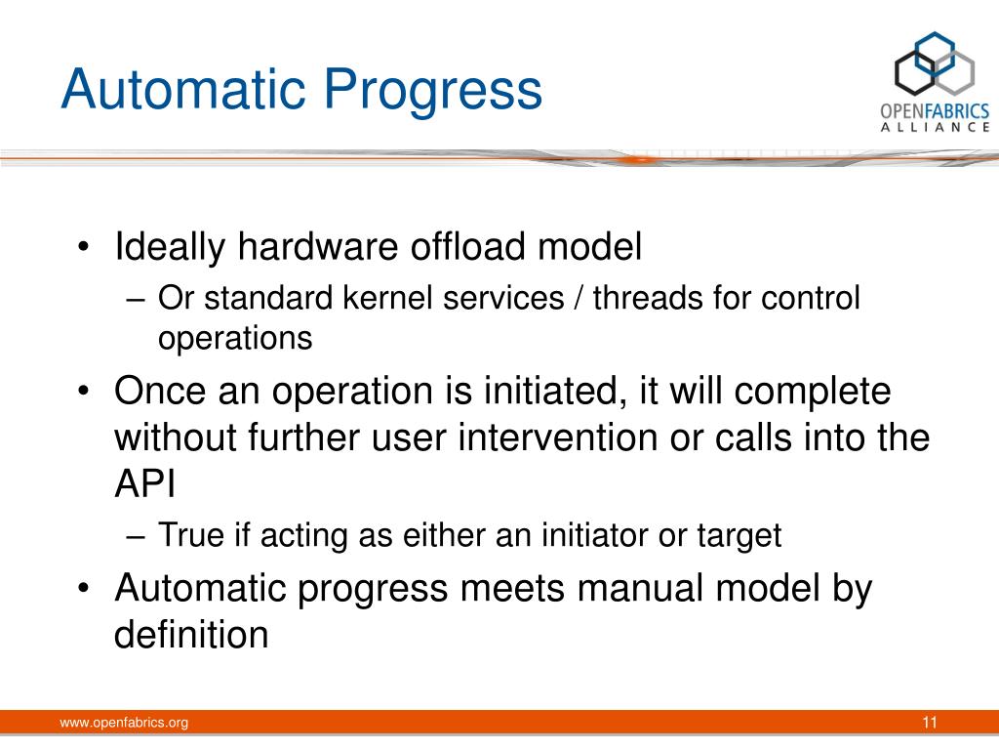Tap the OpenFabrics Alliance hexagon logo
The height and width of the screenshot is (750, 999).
tap(935, 63)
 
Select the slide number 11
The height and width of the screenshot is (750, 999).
tap(930, 722)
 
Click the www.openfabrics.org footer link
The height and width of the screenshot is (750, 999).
tap(124, 723)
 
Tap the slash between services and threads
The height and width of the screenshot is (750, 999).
tap(579, 299)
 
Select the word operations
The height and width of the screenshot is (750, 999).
tap(235, 339)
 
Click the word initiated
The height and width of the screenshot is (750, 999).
tap(551, 391)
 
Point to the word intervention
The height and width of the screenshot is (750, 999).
tap(557, 437)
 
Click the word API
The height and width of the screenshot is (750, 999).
tap(144, 483)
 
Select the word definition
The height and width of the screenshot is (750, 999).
tap(191, 634)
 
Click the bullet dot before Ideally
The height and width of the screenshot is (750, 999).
tap(83, 247)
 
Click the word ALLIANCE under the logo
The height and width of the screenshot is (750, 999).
tap(935, 127)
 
